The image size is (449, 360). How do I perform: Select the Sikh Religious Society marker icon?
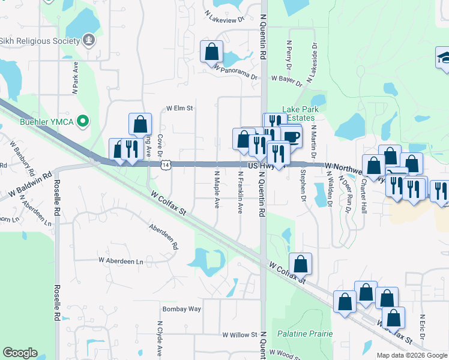pos(89,40)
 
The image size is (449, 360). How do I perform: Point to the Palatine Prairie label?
pos(305,334)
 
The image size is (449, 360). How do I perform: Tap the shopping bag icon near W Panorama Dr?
pos(211,52)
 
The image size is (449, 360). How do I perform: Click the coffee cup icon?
pos(292,136)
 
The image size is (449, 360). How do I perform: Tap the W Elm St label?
pos(179,109)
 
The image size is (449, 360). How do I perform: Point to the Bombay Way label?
pos(181,309)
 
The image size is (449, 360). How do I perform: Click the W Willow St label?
pos(240,335)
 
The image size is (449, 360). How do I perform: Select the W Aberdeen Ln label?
pos(121,261)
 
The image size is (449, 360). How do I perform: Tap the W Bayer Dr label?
pos(285,79)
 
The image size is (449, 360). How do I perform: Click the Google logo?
pos(20,353)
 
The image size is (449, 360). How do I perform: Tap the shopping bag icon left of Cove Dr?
pos(140,124)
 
